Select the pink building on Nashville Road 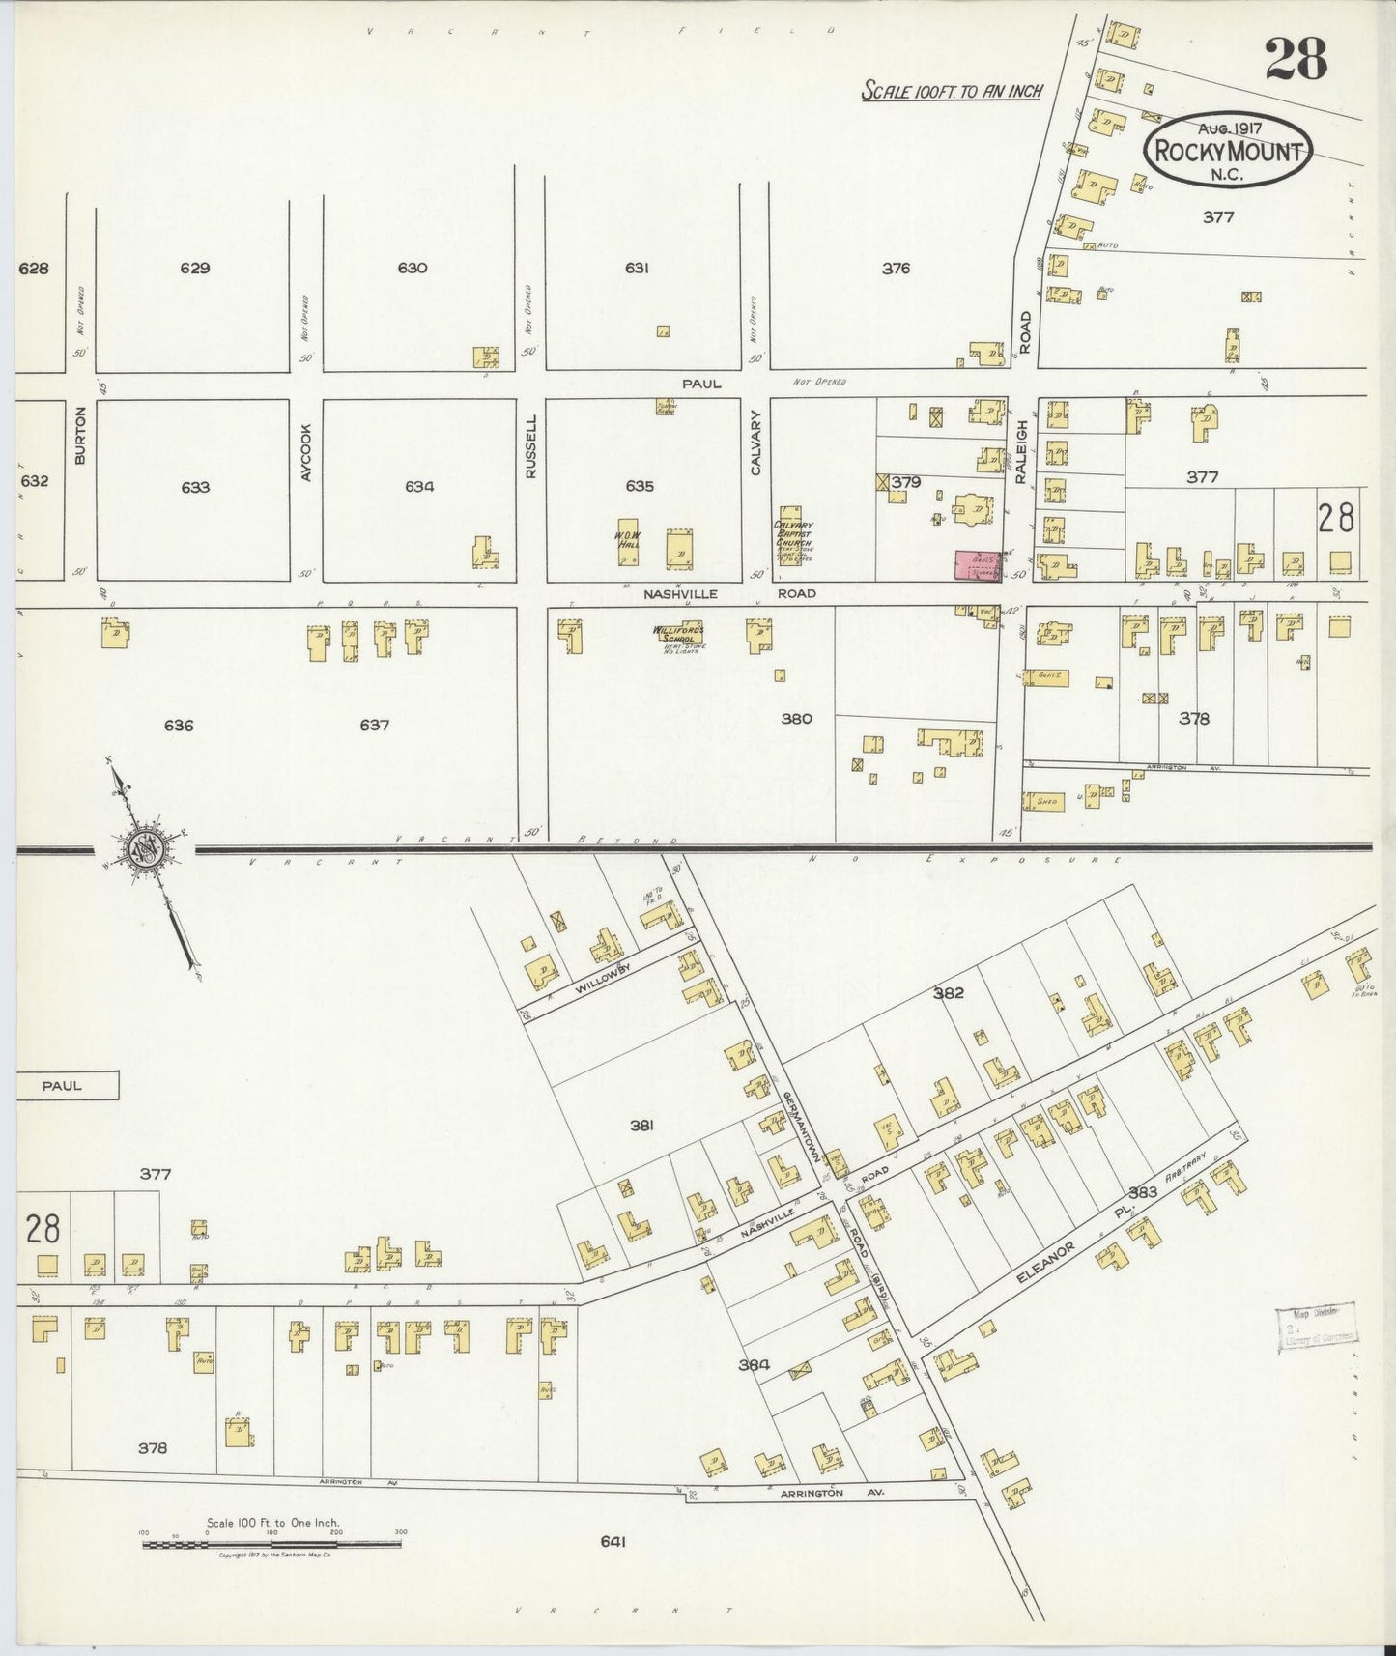tap(978, 565)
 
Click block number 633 tap(195, 488)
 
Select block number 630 tap(413, 268)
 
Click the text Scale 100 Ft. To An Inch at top tap(952, 91)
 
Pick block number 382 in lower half tap(948, 992)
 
